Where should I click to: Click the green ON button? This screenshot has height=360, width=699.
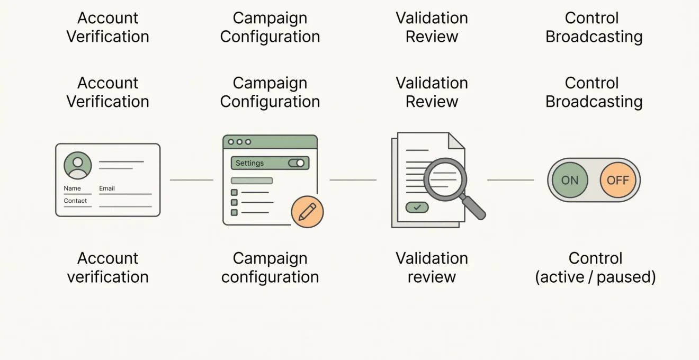[570, 180]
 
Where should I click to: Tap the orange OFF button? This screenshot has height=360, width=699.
[618, 180]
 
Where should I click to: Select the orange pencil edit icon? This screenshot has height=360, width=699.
[307, 212]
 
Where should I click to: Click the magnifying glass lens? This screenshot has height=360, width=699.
[445, 179]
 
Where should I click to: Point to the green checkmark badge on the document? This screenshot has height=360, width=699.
[417, 207]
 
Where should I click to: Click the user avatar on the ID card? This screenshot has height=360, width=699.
[78, 165]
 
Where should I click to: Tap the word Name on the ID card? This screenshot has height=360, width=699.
[72, 188]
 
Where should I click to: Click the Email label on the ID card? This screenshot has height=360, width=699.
[107, 188]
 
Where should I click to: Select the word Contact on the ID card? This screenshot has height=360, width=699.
[75, 201]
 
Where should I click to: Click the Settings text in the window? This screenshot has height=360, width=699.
[249, 163]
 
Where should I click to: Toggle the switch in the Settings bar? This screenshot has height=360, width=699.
[297, 163]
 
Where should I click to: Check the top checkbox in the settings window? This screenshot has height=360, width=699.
[234, 193]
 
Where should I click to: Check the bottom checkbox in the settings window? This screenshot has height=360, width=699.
[234, 212]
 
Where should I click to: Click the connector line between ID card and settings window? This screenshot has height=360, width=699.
[192, 180]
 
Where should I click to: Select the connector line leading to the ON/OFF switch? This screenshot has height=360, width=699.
[510, 180]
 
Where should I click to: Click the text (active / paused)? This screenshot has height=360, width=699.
[595, 277]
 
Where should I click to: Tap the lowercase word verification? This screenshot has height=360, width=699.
[107, 277]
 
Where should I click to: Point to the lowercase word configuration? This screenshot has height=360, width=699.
[270, 277]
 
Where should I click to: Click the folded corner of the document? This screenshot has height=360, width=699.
[456, 141]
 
